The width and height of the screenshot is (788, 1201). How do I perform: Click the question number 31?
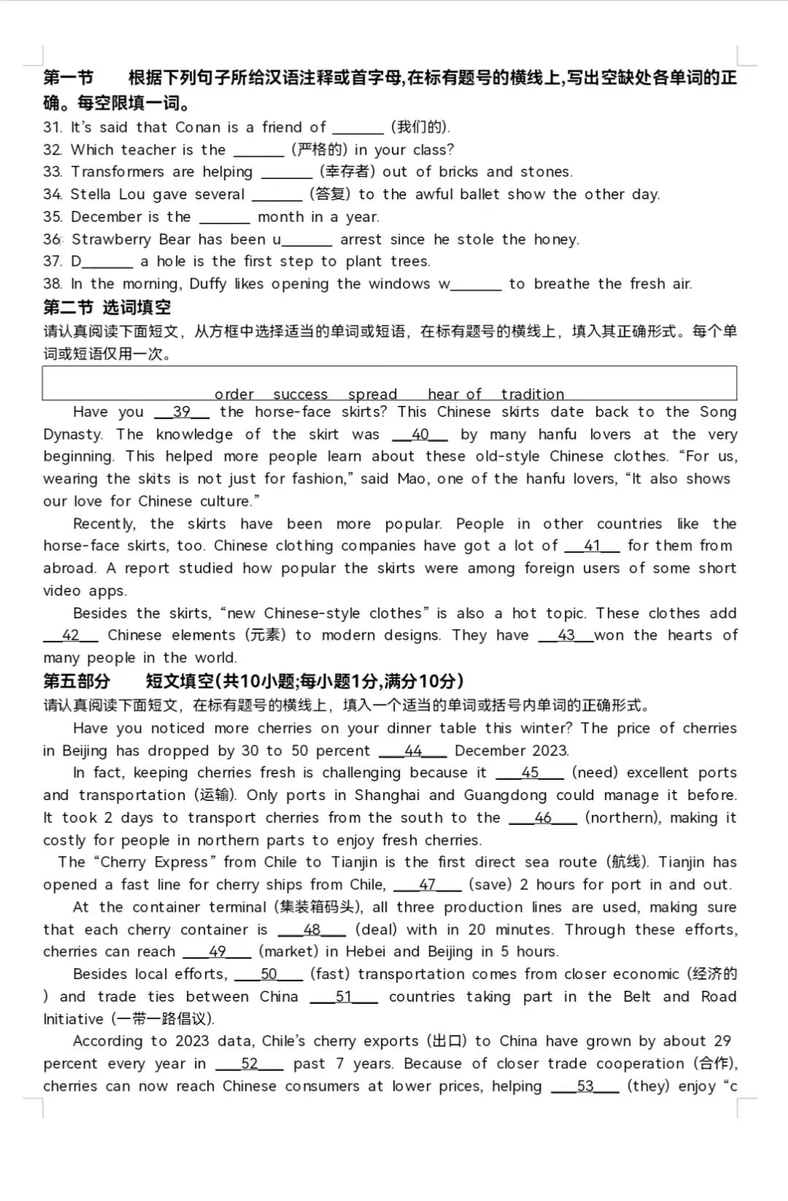coord(52,127)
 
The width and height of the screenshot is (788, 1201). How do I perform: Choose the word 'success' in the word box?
coord(300,394)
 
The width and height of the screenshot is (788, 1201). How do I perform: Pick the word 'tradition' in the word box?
coord(532,394)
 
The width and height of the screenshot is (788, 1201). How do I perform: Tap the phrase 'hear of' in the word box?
coord(454,394)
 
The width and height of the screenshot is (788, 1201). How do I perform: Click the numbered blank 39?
coord(182,413)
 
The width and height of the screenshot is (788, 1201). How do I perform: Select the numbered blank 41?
coord(592,546)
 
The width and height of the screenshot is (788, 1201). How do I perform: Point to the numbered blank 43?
coord(565,636)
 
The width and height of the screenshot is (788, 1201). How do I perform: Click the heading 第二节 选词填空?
coord(107,307)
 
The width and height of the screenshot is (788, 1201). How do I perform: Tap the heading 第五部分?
coord(77,681)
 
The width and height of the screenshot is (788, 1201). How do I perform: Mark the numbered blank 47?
coord(427,885)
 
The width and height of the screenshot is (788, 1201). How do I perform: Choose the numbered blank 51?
coord(344,997)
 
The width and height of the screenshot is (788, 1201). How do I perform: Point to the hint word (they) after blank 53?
coord(648,1086)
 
